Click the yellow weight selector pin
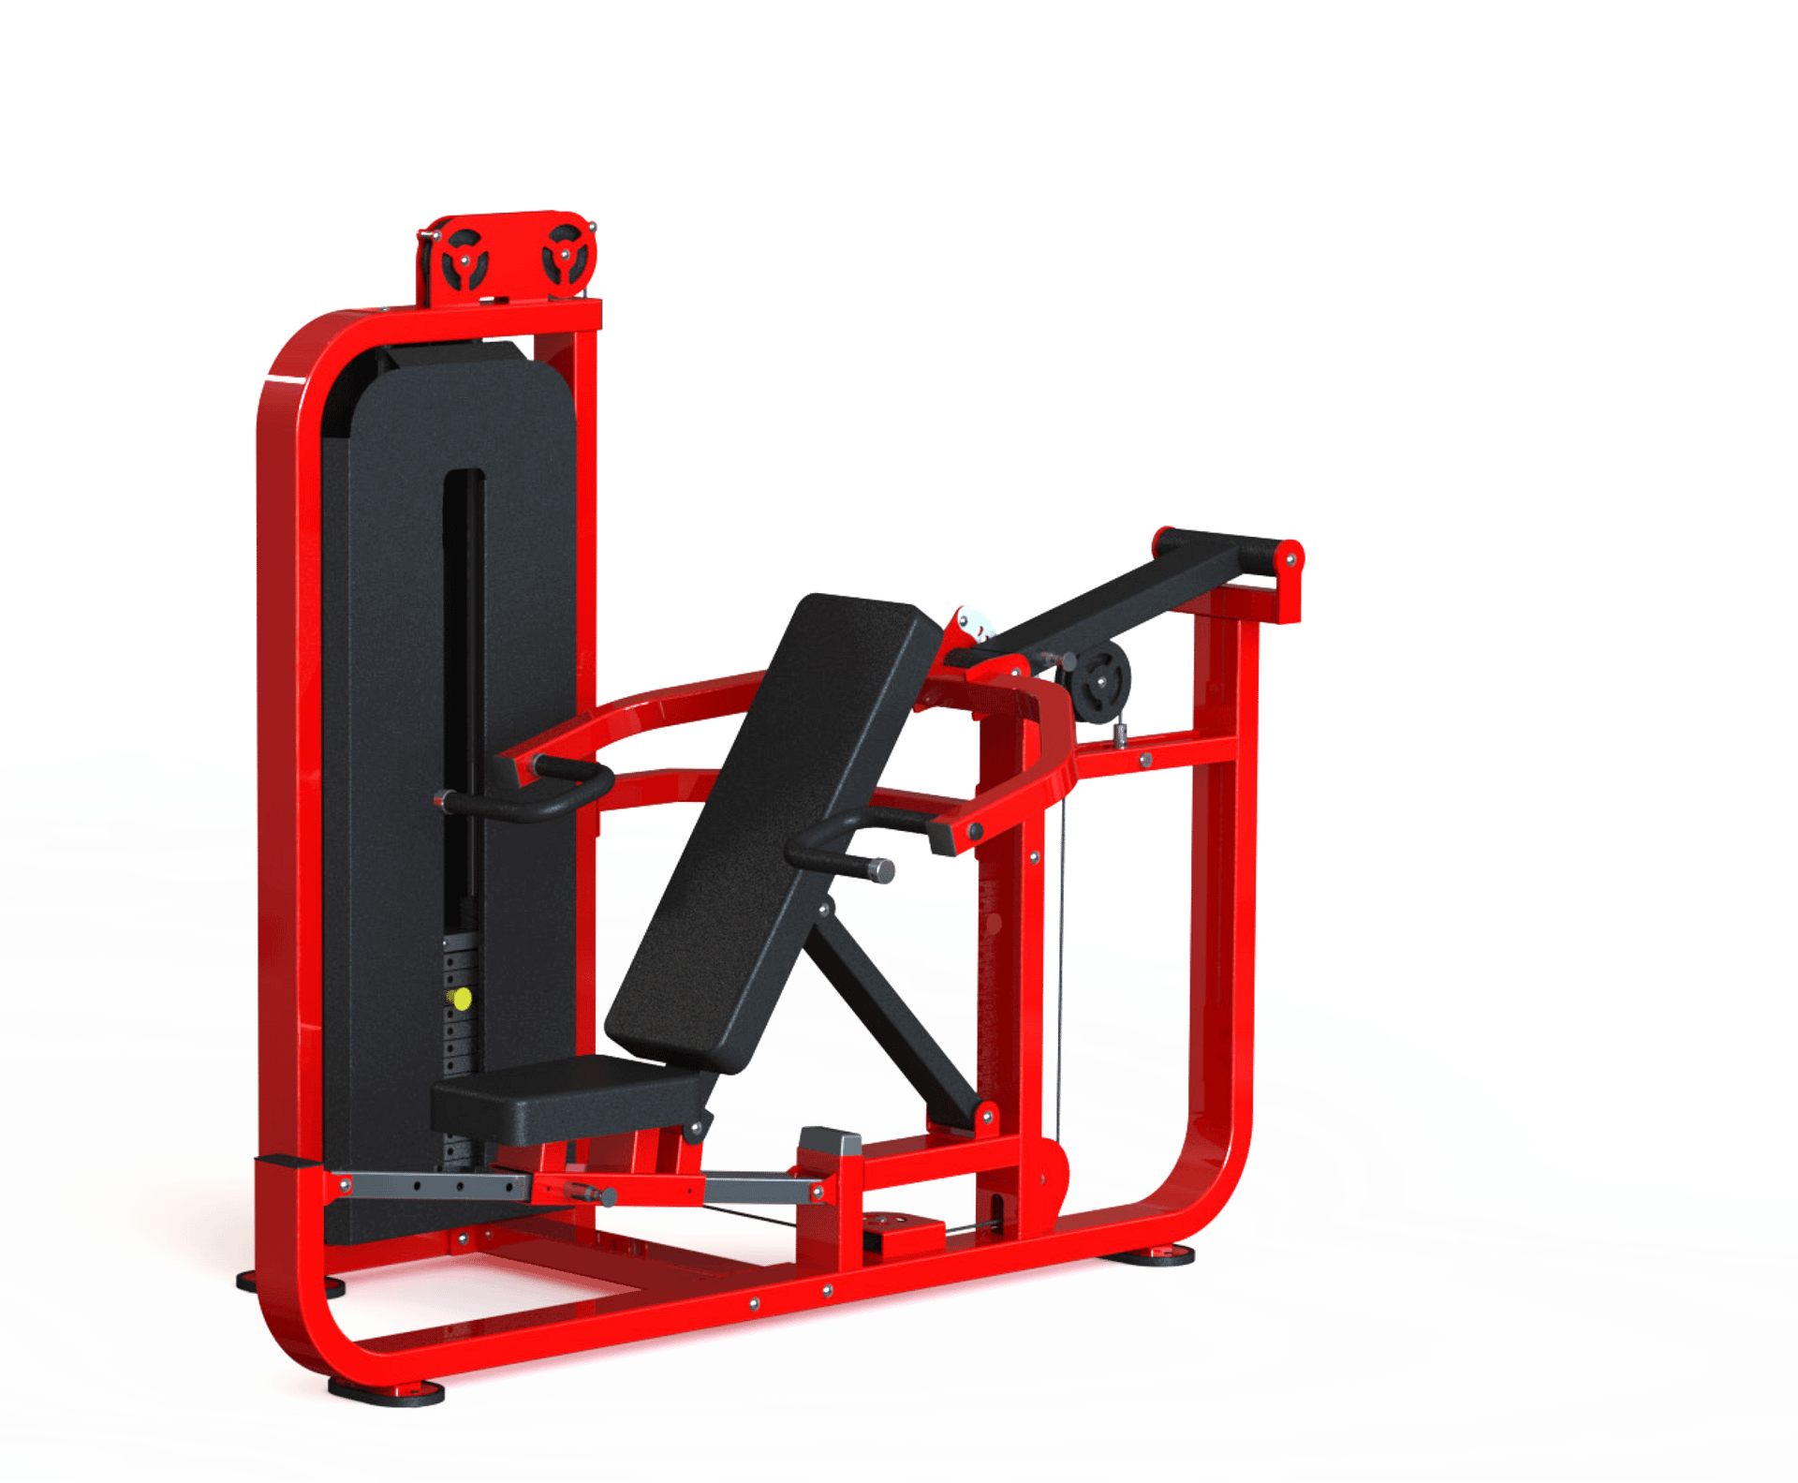click(x=460, y=999)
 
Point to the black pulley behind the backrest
click(x=1101, y=679)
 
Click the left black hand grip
click(x=524, y=802)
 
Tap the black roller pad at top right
click(x=1217, y=548)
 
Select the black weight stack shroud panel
click(x=393, y=749)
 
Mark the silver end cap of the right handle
click(x=883, y=870)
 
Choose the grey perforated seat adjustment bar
click(x=431, y=1186)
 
